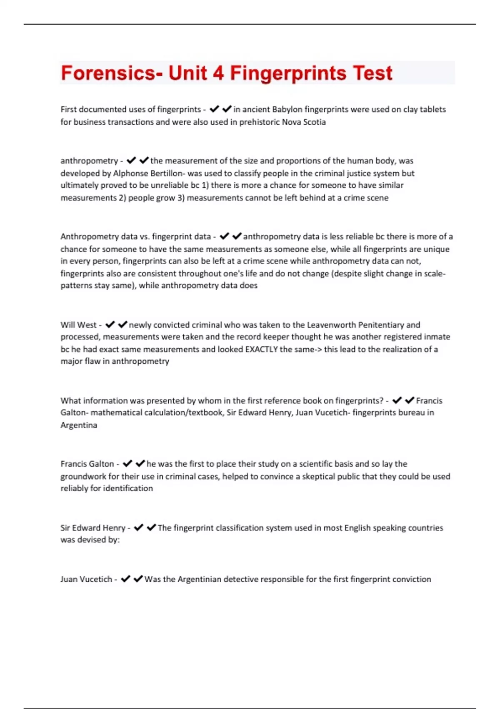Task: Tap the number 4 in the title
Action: (x=218, y=73)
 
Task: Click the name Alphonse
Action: (x=130, y=173)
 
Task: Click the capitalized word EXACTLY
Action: (x=261, y=349)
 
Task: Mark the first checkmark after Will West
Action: (x=110, y=324)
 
